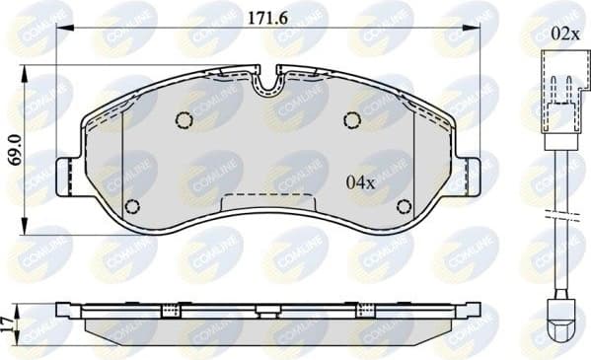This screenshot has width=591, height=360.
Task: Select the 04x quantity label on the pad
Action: [360, 182]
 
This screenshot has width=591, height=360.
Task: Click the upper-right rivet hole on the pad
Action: [351, 119]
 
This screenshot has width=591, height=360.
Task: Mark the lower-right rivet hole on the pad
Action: [403, 206]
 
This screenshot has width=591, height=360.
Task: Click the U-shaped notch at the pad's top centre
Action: [267, 84]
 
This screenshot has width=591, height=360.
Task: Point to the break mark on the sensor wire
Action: [563, 214]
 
